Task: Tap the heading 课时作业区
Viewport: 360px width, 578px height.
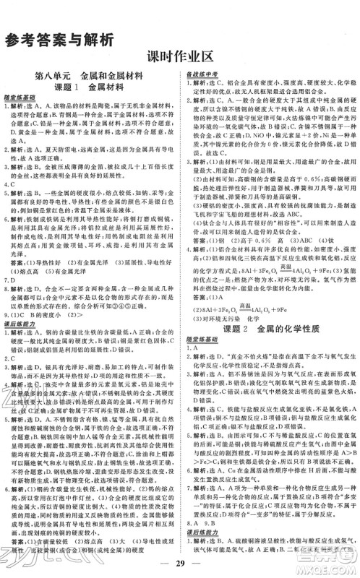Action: point(180,61)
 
